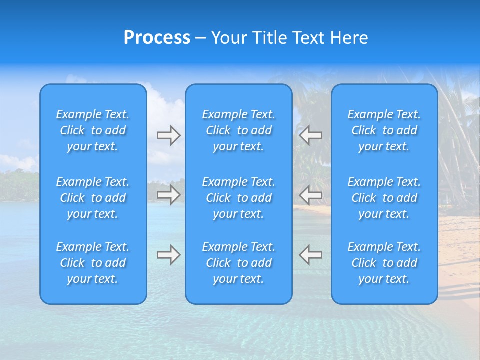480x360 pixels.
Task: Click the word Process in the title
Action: (x=157, y=38)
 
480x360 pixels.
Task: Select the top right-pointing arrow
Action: (x=168, y=135)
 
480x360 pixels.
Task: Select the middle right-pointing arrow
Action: (x=168, y=195)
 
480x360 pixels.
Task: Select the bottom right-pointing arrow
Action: (x=168, y=255)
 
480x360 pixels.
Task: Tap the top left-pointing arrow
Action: (x=310, y=135)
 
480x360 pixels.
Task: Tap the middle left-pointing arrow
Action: (x=310, y=195)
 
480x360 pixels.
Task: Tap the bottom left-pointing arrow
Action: (x=310, y=255)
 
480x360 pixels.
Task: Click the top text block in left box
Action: (x=93, y=130)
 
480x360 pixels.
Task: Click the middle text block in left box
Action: (x=93, y=198)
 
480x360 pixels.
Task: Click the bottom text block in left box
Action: (x=93, y=263)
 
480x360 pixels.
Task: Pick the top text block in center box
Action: (x=239, y=130)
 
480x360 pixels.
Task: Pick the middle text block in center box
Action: (x=239, y=198)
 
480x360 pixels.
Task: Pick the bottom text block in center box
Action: (x=239, y=263)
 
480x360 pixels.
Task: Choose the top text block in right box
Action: (x=384, y=130)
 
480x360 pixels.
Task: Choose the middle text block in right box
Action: (x=384, y=198)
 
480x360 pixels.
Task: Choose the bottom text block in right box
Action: (x=384, y=263)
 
